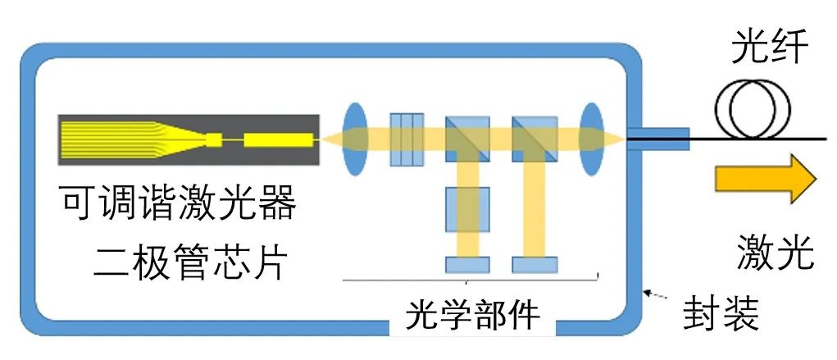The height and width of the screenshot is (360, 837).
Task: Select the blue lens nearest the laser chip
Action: [x=353, y=139]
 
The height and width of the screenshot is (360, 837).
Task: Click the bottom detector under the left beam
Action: [x=467, y=265]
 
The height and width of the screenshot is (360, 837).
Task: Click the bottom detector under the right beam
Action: [x=534, y=265]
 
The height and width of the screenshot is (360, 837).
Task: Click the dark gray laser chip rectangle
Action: [x=189, y=139]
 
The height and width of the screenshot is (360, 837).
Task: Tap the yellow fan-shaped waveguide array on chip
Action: [x=123, y=139]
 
